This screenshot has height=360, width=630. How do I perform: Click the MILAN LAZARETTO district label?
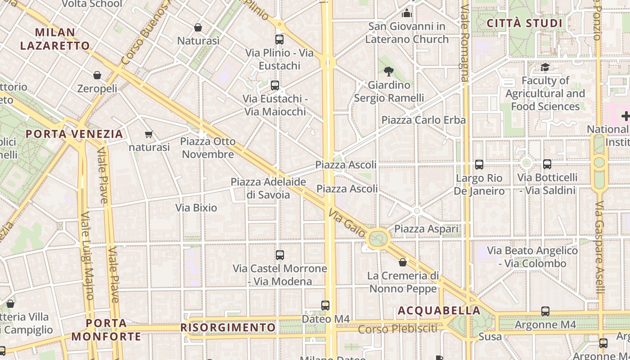click(55, 39)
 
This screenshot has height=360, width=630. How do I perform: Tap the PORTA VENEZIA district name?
click(74, 134)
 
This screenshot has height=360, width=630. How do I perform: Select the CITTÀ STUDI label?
click(525, 23)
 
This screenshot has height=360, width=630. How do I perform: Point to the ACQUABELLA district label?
click(439, 310)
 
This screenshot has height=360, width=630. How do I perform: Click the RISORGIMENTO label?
click(228, 327)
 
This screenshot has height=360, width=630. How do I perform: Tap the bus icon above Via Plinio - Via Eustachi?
click(279, 39)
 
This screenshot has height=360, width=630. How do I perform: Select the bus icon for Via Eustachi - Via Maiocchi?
click(274, 85)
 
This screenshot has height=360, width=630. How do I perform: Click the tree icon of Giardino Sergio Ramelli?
click(389, 71)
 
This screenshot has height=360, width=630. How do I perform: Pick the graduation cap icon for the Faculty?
click(545, 67)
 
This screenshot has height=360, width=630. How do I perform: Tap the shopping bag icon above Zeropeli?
click(97, 75)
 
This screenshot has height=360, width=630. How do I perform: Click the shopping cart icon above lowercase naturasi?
click(149, 134)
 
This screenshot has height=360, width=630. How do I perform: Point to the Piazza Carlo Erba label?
click(423, 120)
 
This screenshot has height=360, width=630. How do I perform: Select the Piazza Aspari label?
click(426, 229)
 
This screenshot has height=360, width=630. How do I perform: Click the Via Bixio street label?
click(196, 207)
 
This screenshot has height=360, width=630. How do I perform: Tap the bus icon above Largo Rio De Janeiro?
click(479, 165)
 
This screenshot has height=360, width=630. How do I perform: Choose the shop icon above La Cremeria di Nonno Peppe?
click(403, 262)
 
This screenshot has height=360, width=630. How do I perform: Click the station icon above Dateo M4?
click(325, 306)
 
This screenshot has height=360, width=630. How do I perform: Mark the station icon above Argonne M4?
click(545, 311)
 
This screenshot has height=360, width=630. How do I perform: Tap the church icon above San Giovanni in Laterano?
click(407, 13)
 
